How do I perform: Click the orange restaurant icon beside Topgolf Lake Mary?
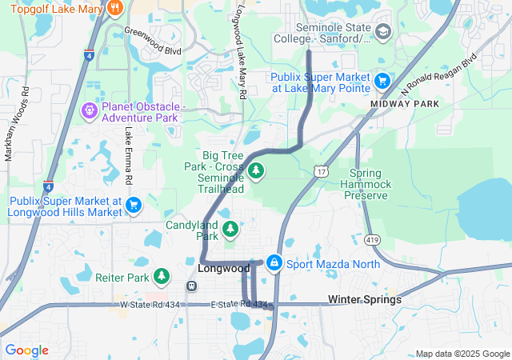(115, 9)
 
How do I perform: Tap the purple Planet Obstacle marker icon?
(90, 111)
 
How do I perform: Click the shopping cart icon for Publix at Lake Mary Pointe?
(382, 80)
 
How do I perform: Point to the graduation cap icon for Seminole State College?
(383, 31)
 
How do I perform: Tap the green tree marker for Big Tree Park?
(256, 170)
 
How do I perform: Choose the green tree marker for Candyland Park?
(230, 230)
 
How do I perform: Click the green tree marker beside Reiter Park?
(162, 277)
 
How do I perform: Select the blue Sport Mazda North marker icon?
(274, 262)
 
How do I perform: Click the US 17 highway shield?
(321, 172)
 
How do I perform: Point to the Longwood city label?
(224, 269)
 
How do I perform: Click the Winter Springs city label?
(365, 299)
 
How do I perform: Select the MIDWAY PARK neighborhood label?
(405, 104)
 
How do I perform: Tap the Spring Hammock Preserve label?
(370, 184)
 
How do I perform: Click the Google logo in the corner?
(26, 350)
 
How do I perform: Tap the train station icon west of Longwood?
(191, 286)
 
